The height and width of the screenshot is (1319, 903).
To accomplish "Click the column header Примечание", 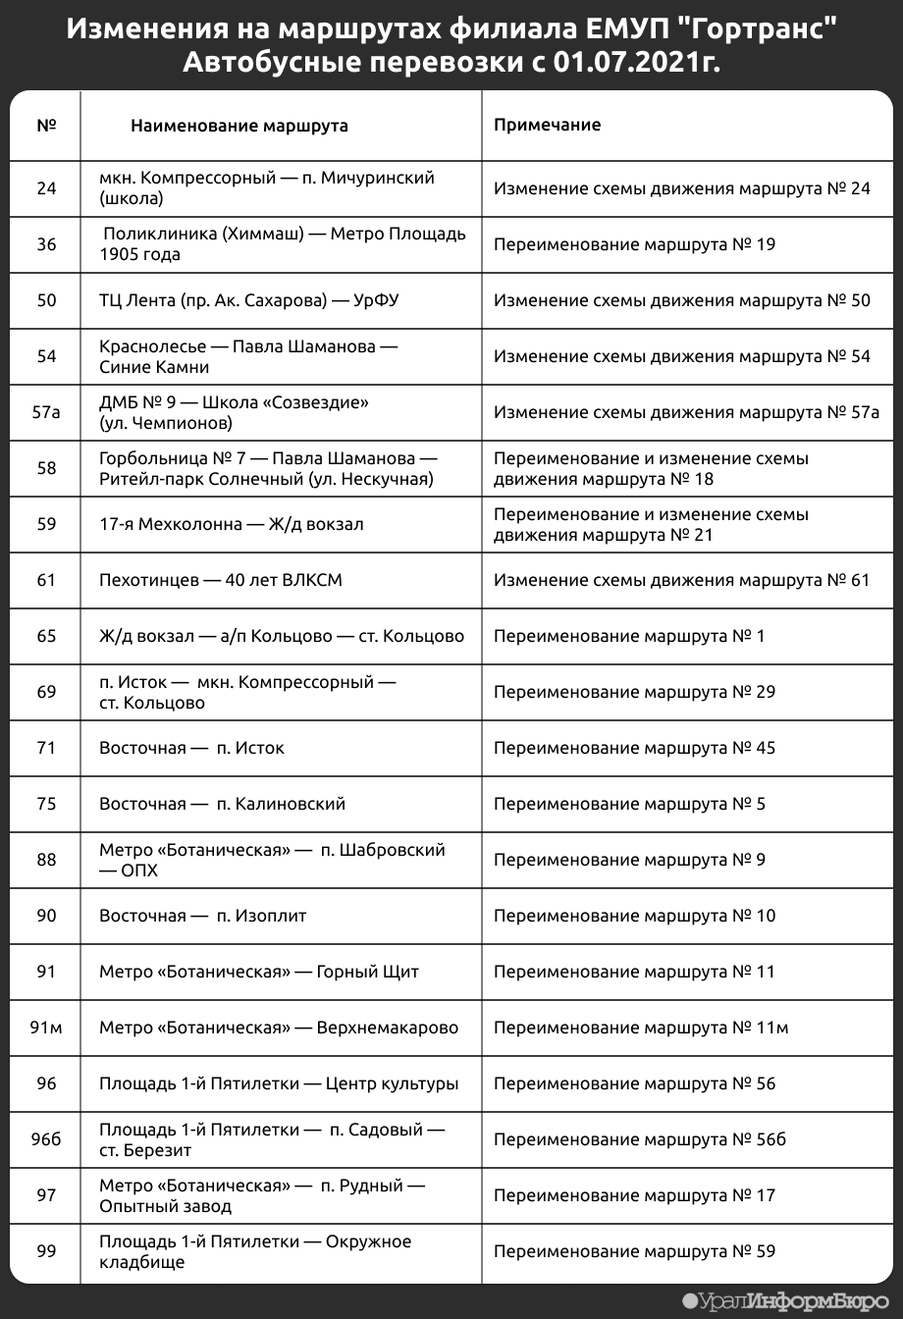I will pyautogui.click(x=547, y=126).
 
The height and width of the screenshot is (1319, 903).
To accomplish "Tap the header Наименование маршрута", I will pyautogui.click(x=239, y=126).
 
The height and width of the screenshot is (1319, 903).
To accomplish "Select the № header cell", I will pyautogui.click(x=46, y=126).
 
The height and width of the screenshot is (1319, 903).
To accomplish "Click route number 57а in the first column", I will pyautogui.click(x=46, y=412).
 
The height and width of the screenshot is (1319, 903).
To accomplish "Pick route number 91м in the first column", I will pyautogui.click(x=46, y=1028).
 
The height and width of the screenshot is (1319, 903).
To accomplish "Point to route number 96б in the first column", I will pyautogui.click(x=46, y=1139).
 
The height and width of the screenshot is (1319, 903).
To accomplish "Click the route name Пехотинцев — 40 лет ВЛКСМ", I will pyautogui.click(x=221, y=580).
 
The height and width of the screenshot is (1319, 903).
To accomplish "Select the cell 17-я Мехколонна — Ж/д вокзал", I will pyautogui.click(x=232, y=524).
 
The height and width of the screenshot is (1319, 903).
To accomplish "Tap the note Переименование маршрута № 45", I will pyautogui.click(x=634, y=748).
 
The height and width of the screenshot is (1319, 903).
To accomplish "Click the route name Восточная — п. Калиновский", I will pyautogui.click(x=222, y=804).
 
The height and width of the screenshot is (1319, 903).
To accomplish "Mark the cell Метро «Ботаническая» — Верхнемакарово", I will pyautogui.click(x=279, y=1028).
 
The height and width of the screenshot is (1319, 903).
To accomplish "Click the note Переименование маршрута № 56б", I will pyautogui.click(x=640, y=1139).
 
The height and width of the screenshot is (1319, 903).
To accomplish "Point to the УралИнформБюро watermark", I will pyautogui.click(x=791, y=1301).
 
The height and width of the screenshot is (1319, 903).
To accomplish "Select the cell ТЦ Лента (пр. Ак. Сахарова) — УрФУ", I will pyautogui.click(x=249, y=300).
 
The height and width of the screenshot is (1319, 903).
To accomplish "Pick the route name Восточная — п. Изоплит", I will pyautogui.click(x=203, y=916).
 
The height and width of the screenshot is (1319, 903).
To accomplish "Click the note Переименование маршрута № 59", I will pyautogui.click(x=634, y=1251).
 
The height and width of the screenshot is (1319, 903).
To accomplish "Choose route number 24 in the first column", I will pyautogui.click(x=46, y=188).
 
